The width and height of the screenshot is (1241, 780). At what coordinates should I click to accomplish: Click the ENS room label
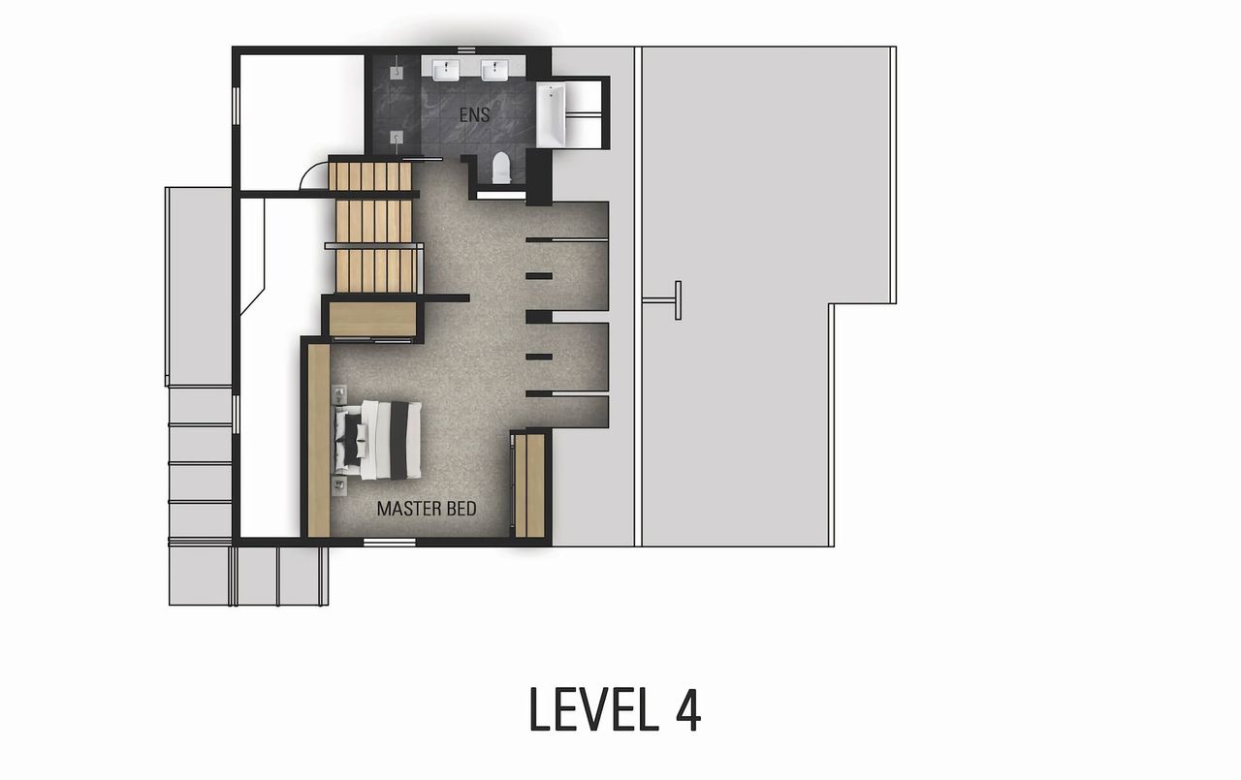(x=474, y=114)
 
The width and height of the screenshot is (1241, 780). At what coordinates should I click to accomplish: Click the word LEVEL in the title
(x=589, y=709)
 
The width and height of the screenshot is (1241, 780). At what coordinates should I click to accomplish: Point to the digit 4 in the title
(x=685, y=709)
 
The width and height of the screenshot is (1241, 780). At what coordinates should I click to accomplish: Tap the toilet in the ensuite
(x=500, y=169)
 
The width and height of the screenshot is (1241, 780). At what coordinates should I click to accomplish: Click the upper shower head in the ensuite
(x=398, y=71)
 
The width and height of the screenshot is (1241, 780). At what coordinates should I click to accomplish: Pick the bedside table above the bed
(x=339, y=394)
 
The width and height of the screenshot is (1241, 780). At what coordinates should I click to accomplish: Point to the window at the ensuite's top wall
(x=466, y=49)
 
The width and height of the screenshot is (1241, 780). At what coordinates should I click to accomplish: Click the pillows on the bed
(x=351, y=439)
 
